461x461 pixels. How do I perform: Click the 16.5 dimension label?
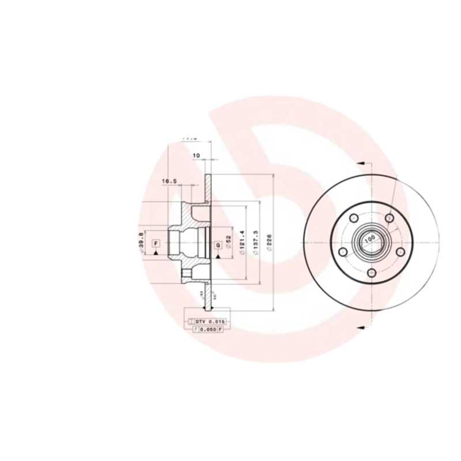169,182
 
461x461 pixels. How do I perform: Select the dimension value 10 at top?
196,155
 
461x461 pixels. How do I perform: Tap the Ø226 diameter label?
269,243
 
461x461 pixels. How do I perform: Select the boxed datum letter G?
218,244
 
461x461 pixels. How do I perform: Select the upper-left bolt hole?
352,218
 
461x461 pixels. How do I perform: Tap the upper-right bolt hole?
390,218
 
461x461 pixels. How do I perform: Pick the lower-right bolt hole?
397,252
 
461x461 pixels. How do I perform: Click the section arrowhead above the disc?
360,163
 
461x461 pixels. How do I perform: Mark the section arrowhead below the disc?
360,327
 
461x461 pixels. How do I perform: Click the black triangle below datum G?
218,254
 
